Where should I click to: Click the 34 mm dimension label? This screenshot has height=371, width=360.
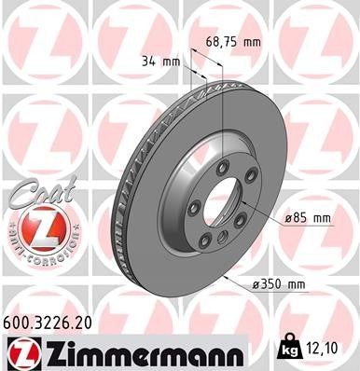click(160, 62)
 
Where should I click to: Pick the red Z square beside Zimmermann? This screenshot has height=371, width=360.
click(21, 352)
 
